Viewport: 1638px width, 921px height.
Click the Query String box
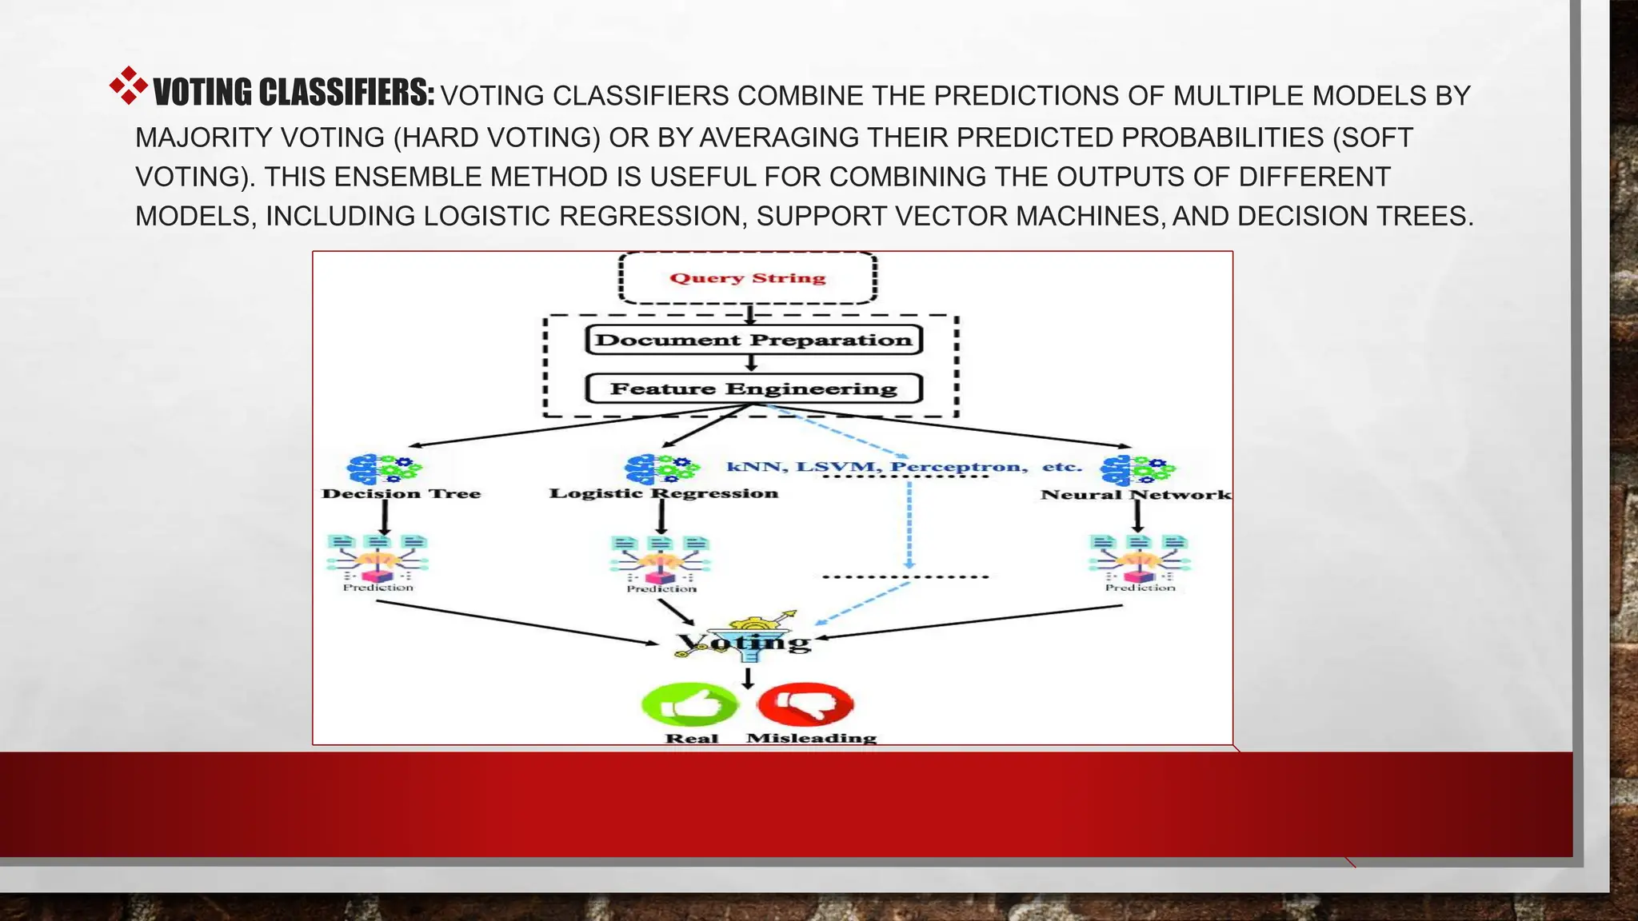(x=748, y=278)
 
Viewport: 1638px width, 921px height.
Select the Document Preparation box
(x=753, y=340)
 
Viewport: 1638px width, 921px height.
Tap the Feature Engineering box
(x=753, y=389)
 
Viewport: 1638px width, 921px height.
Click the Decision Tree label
(x=402, y=494)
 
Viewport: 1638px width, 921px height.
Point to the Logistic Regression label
(x=663, y=493)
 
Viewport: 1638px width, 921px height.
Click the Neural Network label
(x=1135, y=495)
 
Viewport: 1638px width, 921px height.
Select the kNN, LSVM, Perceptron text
(x=877, y=467)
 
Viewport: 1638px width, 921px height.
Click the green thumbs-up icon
(x=689, y=704)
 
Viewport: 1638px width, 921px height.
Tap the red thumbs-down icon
(x=805, y=704)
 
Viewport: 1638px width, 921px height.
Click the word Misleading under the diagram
(x=811, y=738)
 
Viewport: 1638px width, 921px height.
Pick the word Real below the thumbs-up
(x=692, y=739)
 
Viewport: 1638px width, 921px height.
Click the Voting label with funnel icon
(x=744, y=641)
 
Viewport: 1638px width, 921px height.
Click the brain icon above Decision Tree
(x=383, y=469)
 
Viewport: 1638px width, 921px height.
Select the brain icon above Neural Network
(x=1137, y=470)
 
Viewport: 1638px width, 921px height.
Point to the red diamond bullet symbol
(x=128, y=86)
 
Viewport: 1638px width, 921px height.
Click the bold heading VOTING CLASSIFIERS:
(x=294, y=93)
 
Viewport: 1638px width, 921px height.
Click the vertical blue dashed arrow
(x=909, y=524)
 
